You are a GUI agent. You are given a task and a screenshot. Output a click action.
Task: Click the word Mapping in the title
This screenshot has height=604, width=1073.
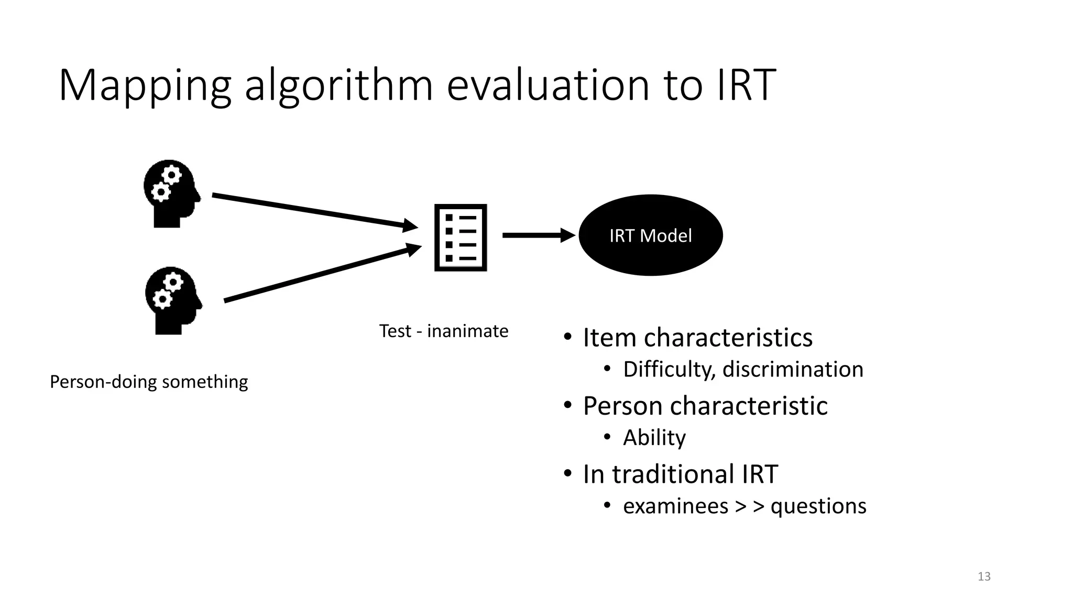coord(145,85)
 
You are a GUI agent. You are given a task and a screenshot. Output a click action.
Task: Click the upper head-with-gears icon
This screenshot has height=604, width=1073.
coord(171,193)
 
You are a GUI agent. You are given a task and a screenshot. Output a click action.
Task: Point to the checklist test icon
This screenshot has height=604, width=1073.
coord(461,238)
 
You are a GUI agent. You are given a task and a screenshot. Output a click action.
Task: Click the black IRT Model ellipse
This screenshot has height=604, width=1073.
coord(650,235)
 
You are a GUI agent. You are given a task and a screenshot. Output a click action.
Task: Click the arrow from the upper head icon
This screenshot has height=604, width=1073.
coord(314,211)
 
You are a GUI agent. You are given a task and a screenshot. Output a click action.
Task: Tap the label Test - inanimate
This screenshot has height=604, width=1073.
coord(443,331)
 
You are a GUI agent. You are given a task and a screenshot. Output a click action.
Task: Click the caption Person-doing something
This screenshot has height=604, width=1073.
coord(149,382)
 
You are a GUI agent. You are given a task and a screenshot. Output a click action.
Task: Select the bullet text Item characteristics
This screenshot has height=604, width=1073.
coord(697,337)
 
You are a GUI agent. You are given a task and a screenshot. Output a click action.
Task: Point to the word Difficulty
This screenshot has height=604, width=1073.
coord(669,370)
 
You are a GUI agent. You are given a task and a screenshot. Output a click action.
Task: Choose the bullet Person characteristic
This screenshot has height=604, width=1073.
coord(705,406)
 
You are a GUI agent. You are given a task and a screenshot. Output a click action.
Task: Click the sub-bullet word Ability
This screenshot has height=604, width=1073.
coord(654,438)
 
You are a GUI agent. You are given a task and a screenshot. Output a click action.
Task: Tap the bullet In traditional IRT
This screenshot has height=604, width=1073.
coord(680,474)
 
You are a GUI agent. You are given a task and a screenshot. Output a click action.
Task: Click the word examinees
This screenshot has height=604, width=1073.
coord(675,506)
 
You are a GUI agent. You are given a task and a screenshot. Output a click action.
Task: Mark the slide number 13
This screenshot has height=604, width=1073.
coord(984,577)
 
